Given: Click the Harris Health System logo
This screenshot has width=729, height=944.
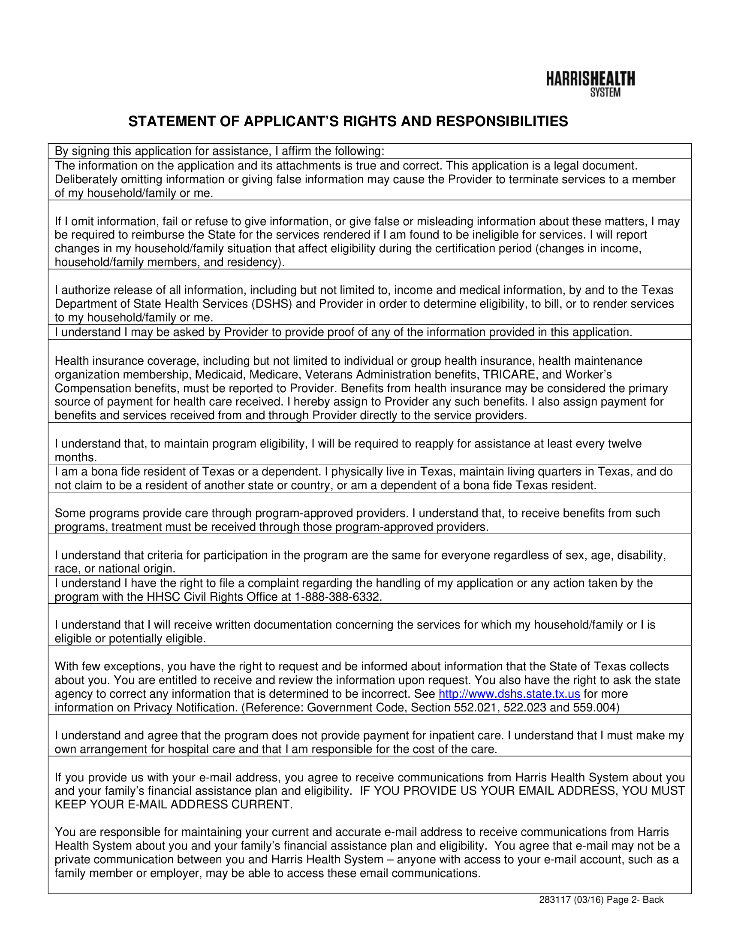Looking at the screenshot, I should click(590, 84).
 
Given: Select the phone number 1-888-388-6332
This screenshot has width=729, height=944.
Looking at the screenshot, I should click(338, 597).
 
